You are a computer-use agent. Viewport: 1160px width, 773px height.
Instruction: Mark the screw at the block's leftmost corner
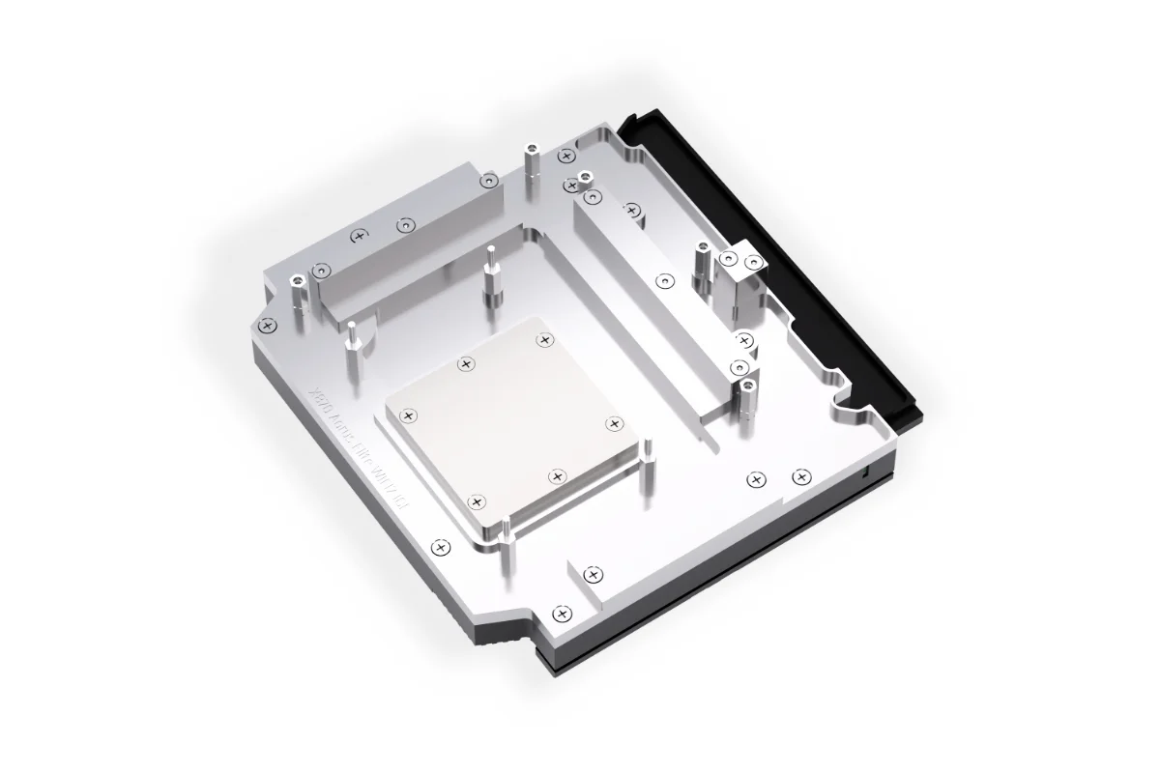[269, 324]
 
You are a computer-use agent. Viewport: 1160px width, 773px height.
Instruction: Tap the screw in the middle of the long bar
[663, 281]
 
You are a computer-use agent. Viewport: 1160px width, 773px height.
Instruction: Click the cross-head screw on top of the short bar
[360, 235]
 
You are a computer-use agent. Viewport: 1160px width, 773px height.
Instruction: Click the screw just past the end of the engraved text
[441, 547]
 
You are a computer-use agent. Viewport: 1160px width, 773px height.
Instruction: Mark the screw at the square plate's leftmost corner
[408, 415]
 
